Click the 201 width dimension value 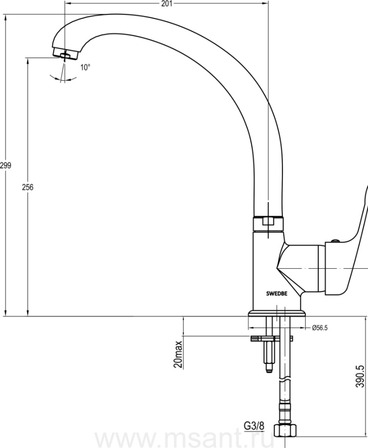point(167,3)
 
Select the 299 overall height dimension point(5,165)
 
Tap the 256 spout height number point(28,188)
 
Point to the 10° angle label point(85,67)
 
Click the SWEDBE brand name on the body point(277,293)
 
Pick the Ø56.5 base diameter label point(320,328)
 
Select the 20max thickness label point(178,354)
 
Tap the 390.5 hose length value point(360,377)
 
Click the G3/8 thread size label point(254,426)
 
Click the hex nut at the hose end point(285,430)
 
